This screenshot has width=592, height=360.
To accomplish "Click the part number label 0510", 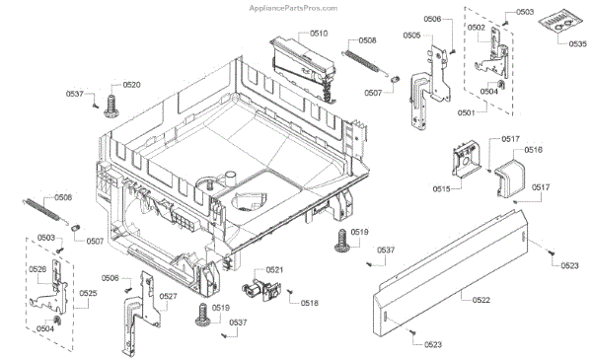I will [x=319, y=34].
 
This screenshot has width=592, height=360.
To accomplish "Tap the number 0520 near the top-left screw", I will [x=131, y=85].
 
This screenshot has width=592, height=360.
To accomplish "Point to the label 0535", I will [x=577, y=45].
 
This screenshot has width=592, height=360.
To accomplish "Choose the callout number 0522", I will [x=481, y=299].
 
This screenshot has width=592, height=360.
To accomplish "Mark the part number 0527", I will [x=169, y=296].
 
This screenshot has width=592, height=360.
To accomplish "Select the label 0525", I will [x=89, y=294].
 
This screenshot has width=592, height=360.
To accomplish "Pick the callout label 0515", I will [x=440, y=187].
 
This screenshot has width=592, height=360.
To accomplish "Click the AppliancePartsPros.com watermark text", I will [x=294, y=7].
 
